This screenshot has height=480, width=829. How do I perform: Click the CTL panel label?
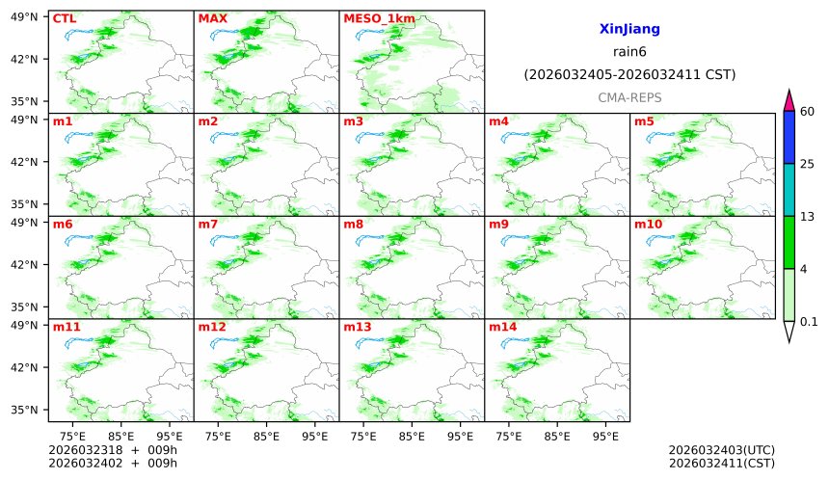[x=64, y=18]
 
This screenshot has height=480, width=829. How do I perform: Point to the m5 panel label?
[x=643, y=121]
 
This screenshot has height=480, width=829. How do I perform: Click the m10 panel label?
[x=648, y=225]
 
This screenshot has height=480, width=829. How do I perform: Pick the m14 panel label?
[x=502, y=328]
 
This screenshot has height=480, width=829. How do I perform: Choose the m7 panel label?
[x=208, y=225]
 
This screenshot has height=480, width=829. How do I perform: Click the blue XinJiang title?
[x=629, y=30]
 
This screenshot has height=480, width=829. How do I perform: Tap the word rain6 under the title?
[x=629, y=52]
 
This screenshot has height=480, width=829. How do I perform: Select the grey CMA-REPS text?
[x=629, y=97]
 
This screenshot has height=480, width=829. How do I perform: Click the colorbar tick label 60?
[x=808, y=112]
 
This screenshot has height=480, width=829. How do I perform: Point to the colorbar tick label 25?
[x=808, y=164]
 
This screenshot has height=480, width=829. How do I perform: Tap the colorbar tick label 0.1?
[x=810, y=322]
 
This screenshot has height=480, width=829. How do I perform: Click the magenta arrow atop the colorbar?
[x=789, y=100]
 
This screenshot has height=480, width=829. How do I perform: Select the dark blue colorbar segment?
[x=789, y=137]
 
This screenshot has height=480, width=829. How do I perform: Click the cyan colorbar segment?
[x=789, y=189]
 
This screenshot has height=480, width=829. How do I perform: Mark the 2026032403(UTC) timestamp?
[x=721, y=450]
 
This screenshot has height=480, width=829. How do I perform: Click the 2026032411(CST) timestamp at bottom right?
[x=721, y=463]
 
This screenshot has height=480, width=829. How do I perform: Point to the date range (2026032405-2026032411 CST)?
[x=629, y=74]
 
